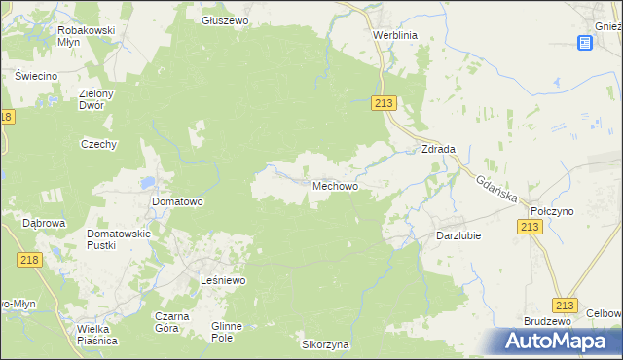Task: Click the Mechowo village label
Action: [x=340, y=185]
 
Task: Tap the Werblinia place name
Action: [x=394, y=33]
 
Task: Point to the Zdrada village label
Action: [x=438, y=149]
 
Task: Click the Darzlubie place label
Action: [x=459, y=234]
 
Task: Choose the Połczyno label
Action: [x=550, y=210]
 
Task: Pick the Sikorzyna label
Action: [x=325, y=344]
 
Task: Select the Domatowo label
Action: [x=177, y=202]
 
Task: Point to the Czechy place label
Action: [x=98, y=144]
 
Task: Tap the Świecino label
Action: [x=36, y=76]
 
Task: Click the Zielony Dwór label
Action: [x=97, y=99]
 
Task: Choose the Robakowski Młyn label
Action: [x=87, y=36]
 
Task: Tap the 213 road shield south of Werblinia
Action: [x=385, y=104]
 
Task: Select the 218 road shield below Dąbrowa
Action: [x=29, y=259]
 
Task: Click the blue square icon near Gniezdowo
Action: [x=584, y=43]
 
